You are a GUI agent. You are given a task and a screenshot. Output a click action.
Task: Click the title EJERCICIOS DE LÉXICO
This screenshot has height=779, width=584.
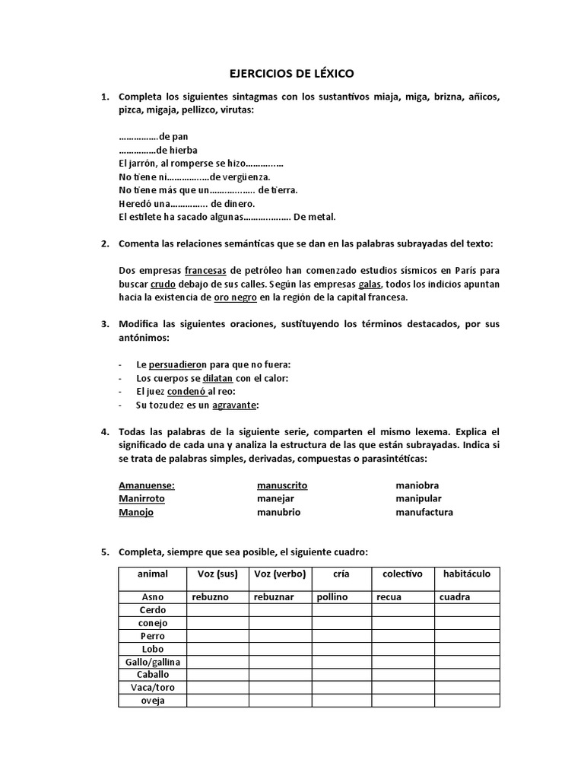pos(292,74)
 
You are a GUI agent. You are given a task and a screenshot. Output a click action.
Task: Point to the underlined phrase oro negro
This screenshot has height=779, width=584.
pos(236,297)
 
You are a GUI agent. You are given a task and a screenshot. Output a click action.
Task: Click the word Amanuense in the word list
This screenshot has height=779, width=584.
pos(147,485)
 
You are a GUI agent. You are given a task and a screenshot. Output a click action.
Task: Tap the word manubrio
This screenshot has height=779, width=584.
pos(279,512)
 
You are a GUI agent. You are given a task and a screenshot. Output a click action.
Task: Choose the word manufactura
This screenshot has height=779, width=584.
pos(424,512)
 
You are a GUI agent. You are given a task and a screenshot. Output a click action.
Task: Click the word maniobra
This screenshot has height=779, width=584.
pos(417,485)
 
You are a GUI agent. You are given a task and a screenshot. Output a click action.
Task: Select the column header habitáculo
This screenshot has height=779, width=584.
pos(466,574)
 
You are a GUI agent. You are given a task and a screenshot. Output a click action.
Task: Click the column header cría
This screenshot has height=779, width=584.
pos(341,574)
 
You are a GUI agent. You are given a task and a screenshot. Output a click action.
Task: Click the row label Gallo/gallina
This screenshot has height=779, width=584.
pos(152,662)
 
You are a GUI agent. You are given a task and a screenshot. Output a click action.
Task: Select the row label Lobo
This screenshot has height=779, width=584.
pos(152,649)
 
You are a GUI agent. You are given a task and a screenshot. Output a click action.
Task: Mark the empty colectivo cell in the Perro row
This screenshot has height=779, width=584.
pos(402,636)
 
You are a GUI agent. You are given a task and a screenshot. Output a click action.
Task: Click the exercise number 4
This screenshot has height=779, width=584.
pos(106,432)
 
